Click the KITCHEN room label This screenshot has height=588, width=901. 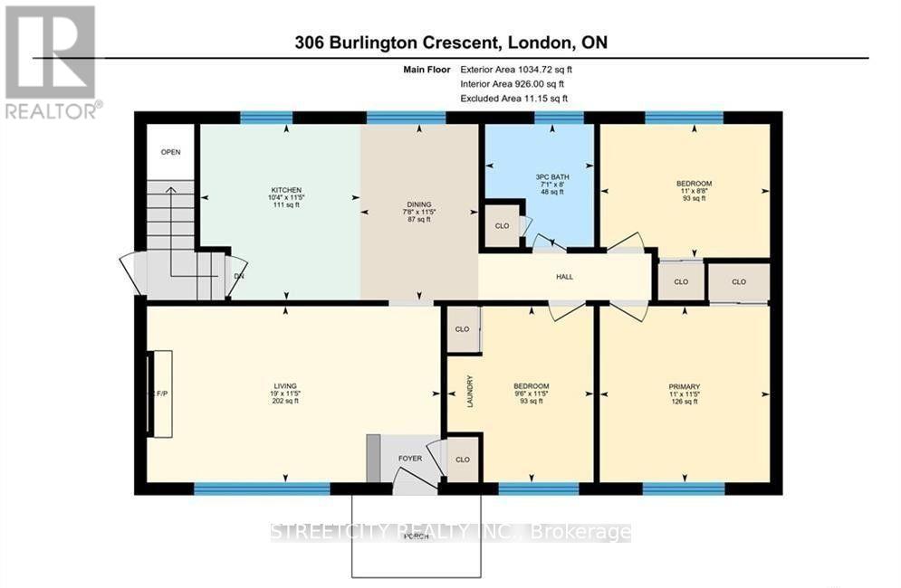coord(279,190)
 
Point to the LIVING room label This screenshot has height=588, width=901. coord(284,385)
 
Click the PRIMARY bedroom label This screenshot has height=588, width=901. coord(684,386)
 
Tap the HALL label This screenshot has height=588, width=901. coord(564,277)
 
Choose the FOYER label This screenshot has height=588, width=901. coord(410,459)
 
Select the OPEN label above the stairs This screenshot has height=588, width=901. coord(171,152)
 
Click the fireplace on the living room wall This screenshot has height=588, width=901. coord(160,394)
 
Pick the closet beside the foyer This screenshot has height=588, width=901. coord(463,460)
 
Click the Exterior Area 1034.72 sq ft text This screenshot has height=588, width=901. coord(516,69)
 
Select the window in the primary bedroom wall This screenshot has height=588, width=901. coord(683,488)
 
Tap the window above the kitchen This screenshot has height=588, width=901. coord(266,117)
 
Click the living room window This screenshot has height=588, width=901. coord(262,488)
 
